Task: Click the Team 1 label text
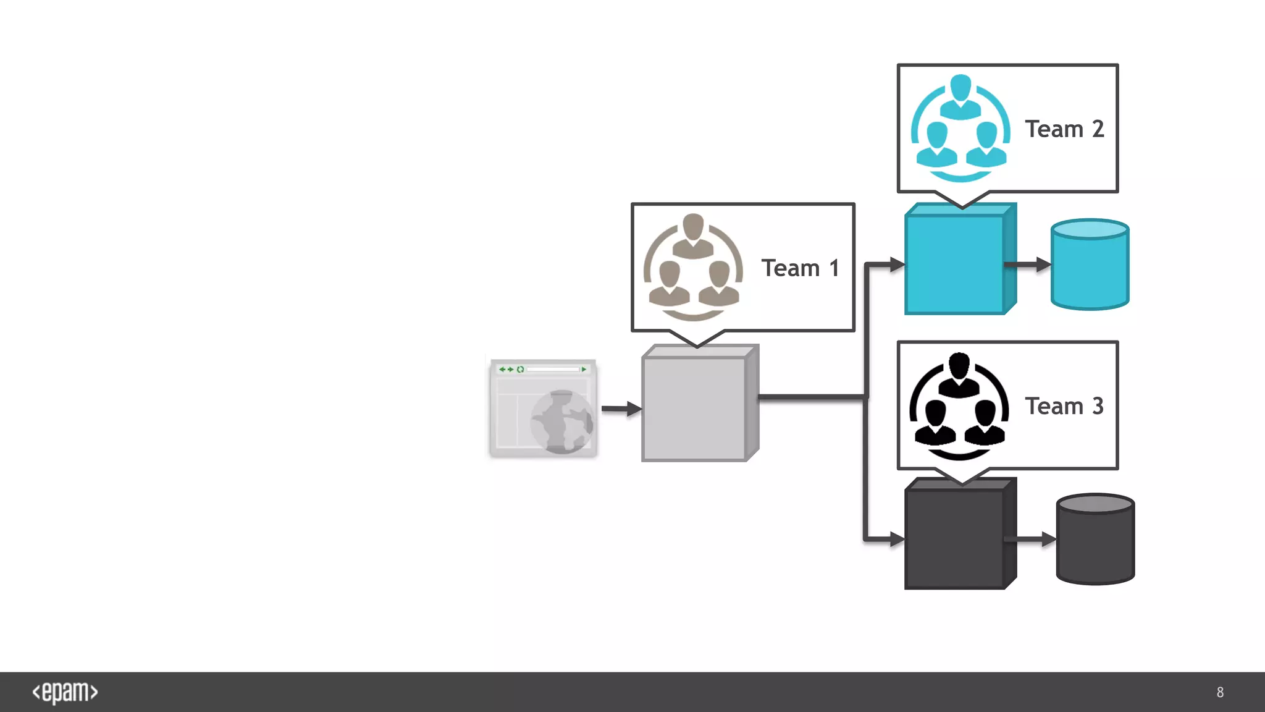coord(800,268)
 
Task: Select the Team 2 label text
coord(1064,129)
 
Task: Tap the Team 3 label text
coord(1064,406)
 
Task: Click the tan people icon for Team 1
coord(693,267)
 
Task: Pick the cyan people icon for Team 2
coord(960,128)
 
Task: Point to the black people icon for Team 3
coord(959,406)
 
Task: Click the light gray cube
coord(694,409)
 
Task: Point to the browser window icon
coord(543,409)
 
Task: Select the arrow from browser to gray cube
coord(620,409)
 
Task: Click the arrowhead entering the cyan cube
coord(897,265)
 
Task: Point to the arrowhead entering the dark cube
coord(897,539)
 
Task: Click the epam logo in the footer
coord(65,692)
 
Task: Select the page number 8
coord(1220,692)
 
